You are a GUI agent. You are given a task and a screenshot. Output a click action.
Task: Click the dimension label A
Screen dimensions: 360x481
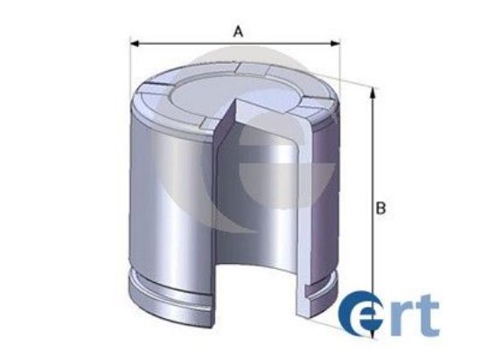(237, 31)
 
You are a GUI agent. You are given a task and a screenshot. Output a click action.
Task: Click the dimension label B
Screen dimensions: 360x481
(380, 209)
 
